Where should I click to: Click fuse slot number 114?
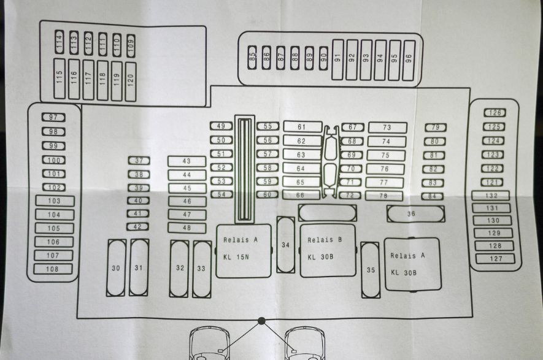coord(60,42)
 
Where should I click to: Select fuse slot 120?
coord(131,82)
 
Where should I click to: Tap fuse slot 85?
coord(252,57)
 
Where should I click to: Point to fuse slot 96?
coord(409,61)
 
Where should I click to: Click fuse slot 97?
coord(53,117)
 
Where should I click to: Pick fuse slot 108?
coord(53,269)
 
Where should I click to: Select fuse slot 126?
coord(495,112)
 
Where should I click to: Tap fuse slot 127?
coord(495,259)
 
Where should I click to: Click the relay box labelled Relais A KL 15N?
coord(244,251)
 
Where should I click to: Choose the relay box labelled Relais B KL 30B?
coord(328,250)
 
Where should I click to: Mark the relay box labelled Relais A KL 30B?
coord(412,264)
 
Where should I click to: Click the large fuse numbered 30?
coord(116,268)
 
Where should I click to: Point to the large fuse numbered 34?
coord(286,245)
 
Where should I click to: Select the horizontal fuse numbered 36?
coord(415,214)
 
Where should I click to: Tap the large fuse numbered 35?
coord(371,270)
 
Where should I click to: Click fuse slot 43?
coord(187,161)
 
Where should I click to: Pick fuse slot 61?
coord(302,127)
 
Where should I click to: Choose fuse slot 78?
coord(383,196)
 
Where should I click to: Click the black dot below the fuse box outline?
coord(262,321)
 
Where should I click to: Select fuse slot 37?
coord(139,161)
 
